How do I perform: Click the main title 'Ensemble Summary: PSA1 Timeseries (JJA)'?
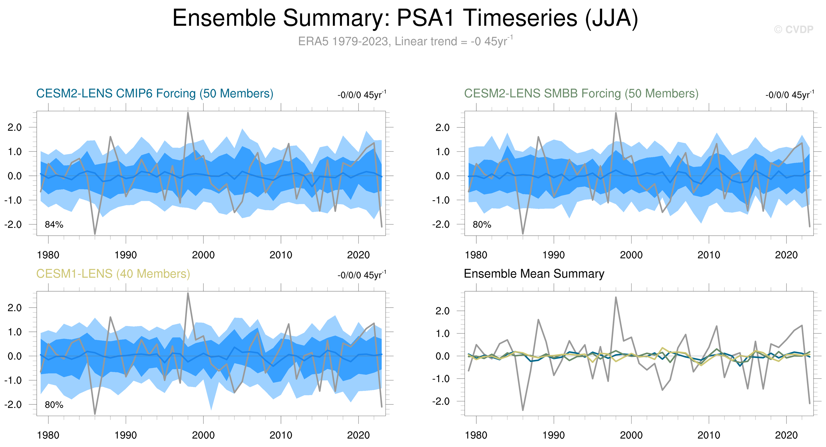[x=405, y=18]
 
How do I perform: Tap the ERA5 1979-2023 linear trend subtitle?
[x=405, y=41]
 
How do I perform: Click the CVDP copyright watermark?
[x=793, y=29]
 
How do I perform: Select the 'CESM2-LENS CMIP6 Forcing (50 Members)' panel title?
[x=154, y=93]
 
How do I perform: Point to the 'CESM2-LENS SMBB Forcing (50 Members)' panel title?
[x=581, y=93]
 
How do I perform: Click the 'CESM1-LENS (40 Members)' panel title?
[x=113, y=273]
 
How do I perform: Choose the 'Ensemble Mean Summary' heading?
[x=534, y=273]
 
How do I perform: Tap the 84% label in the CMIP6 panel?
[x=54, y=225]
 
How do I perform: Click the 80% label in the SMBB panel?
[x=482, y=225]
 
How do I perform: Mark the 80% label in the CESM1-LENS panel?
[x=54, y=405]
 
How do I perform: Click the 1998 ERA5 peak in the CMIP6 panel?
[x=188, y=113]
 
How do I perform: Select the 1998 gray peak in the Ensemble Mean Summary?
[x=616, y=297]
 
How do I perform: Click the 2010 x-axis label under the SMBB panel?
[x=709, y=255]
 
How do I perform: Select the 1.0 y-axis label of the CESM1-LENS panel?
[x=14, y=332]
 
